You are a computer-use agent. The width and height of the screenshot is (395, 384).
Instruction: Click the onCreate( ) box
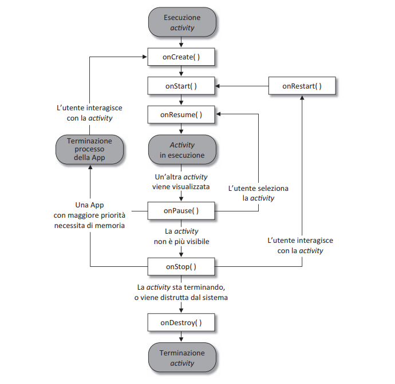pyautogui.click(x=181, y=57)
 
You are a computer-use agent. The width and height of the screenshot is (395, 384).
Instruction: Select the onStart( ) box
pyautogui.click(x=181, y=86)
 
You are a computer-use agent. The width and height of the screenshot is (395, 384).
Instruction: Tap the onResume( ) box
pyautogui.click(x=181, y=114)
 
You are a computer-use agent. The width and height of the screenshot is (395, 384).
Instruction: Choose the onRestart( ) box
pyautogui.click(x=302, y=86)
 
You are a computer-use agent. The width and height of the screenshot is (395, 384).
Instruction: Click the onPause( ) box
pyautogui.click(x=181, y=211)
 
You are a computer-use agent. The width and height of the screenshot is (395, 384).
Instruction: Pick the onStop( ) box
pyautogui.click(x=181, y=267)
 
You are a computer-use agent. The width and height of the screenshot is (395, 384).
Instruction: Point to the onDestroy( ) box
pyautogui.click(x=181, y=323)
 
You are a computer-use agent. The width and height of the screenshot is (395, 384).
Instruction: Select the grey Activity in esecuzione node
pyautogui.click(x=181, y=150)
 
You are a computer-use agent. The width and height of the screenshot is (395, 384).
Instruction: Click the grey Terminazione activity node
pyautogui.click(x=181, y=358)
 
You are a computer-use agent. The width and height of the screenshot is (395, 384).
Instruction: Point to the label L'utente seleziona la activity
pyautogui.click(x=258, y=193)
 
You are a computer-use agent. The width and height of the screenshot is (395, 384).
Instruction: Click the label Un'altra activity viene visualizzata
pyautogui.click(x=181, y=182)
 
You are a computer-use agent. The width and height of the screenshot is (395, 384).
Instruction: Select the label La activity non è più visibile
pyautogui.click(x=182, y=237)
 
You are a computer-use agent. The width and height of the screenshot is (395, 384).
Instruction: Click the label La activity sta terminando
pyautogui.click(x=181, y=292)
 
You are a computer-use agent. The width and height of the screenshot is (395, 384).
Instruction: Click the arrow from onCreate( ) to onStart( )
pyautogui.click(x=181, y=71)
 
